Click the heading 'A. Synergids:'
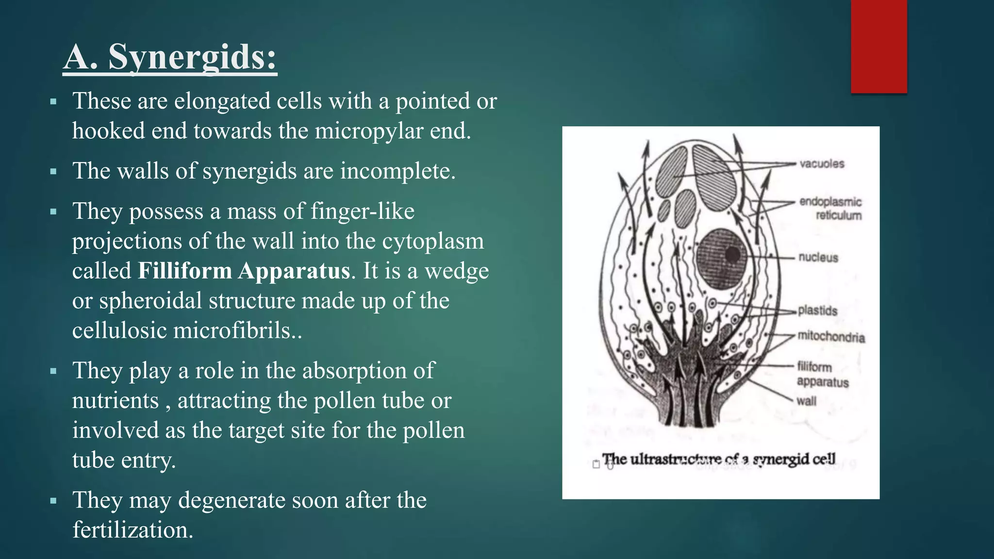pos(170,57)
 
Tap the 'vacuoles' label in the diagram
pos(822,164)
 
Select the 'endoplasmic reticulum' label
pos(830,209)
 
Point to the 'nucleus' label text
pos(818,258)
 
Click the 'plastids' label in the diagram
pos(818,311)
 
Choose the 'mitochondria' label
pos(831,337)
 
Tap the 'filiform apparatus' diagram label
pos(822,375)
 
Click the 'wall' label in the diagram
pos(806,401)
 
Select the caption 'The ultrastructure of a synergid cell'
pos(719,459)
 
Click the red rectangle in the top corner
pos(878,46)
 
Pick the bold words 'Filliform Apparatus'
pos(244,271)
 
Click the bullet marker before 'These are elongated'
pos(53,102)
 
